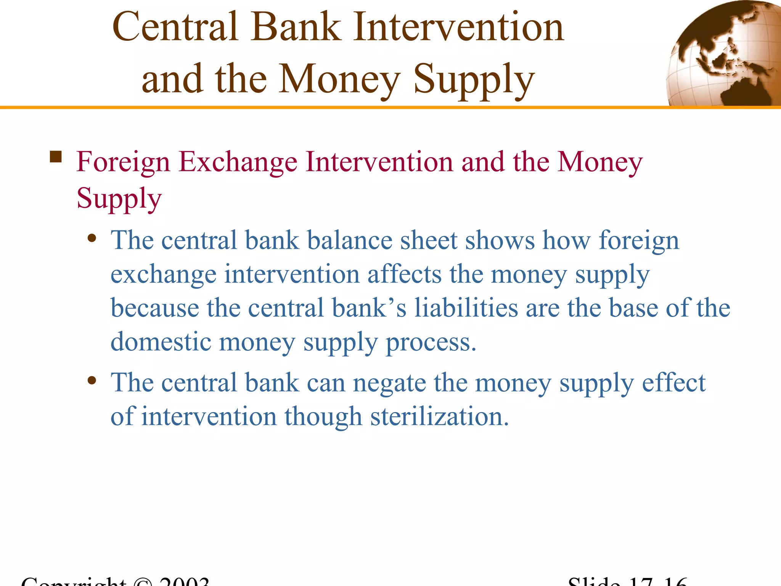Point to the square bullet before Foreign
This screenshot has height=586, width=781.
coord(56,157)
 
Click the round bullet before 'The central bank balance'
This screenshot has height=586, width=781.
coord(92,238)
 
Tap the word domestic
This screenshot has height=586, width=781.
coord(161,341)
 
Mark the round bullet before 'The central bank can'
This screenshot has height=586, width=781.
coord(92,380)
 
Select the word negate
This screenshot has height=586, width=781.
coord(389,384)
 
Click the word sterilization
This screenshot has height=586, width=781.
coord(439,416)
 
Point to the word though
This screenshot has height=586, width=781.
coord(323,417)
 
